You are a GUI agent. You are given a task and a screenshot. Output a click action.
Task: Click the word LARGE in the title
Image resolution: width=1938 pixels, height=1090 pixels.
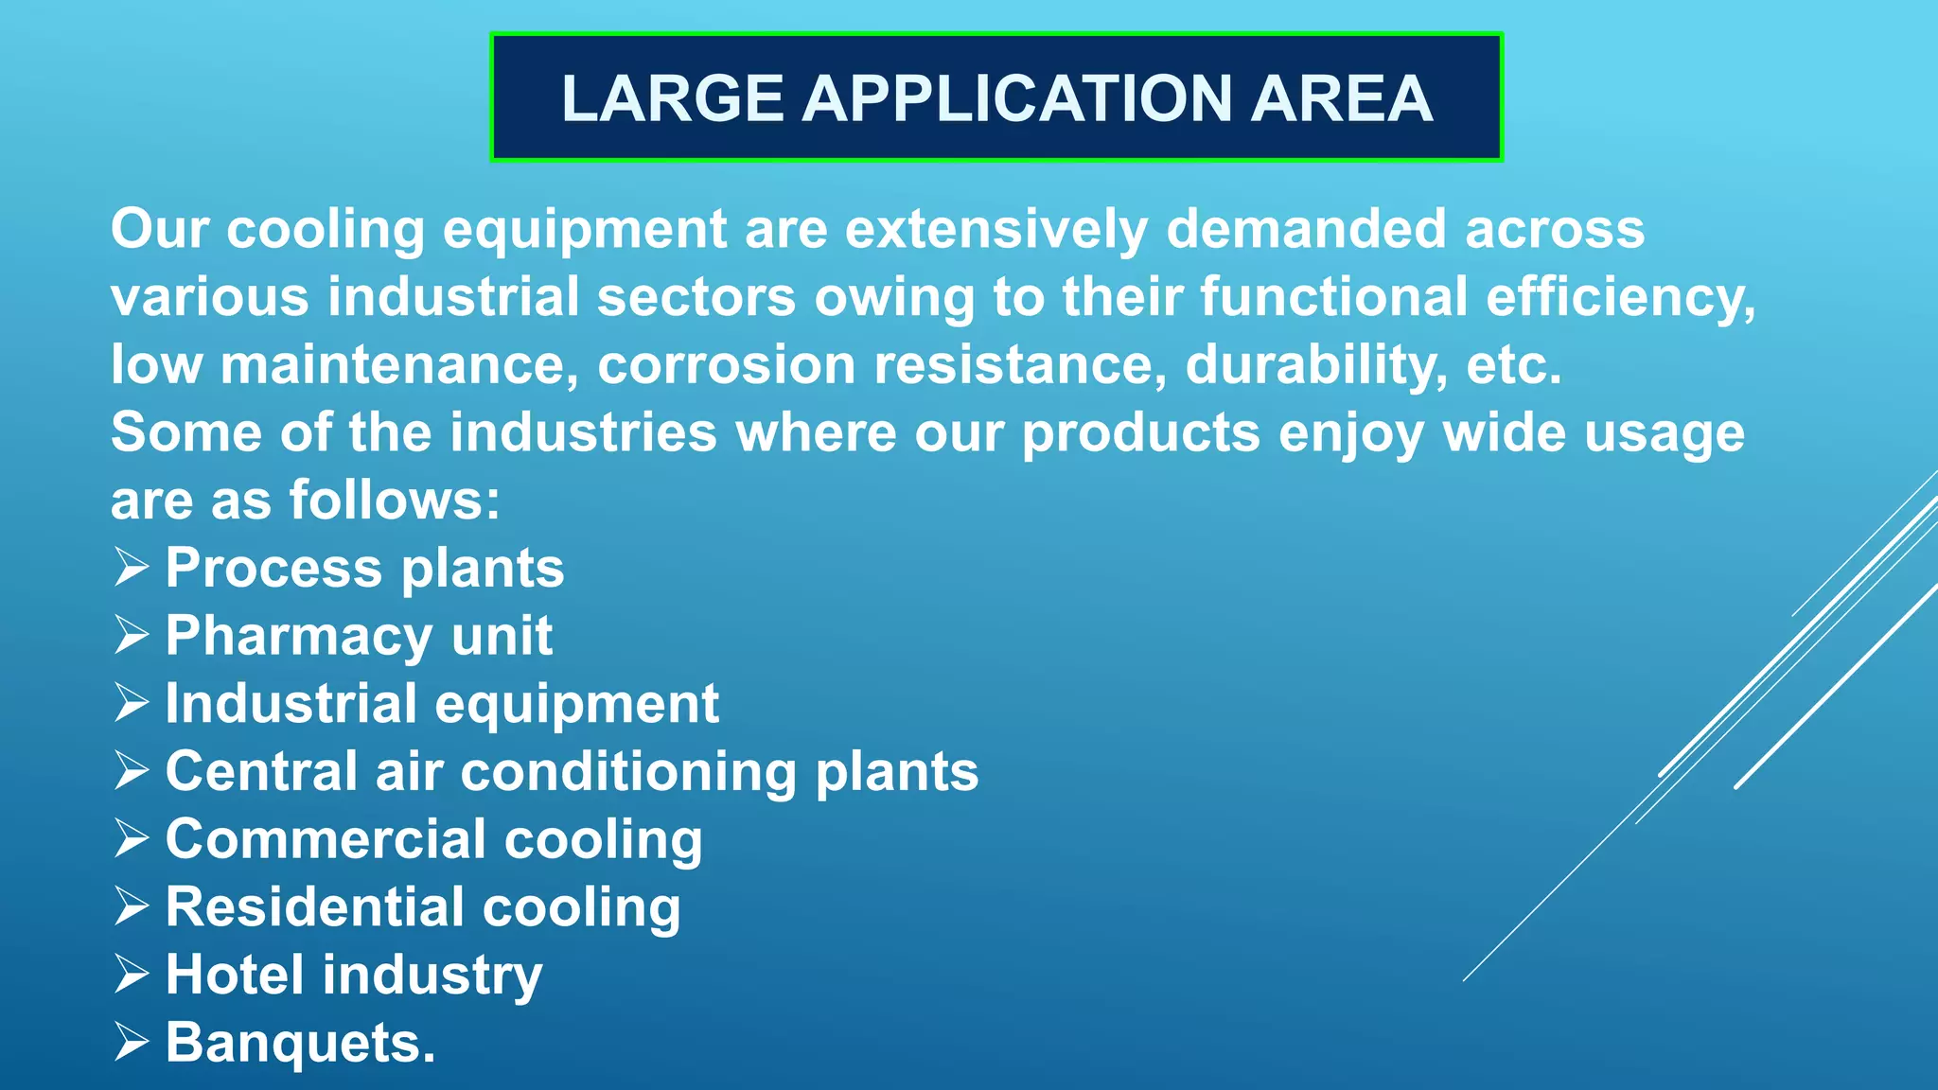[x=672, y=98]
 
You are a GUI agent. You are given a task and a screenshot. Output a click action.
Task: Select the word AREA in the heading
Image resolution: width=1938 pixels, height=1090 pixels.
[x=1342, y=98]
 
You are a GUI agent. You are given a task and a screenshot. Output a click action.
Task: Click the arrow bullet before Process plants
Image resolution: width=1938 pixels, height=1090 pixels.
[x=132, y=568]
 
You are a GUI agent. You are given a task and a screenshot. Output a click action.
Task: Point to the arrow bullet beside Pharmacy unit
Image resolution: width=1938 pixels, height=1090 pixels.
[x=132, y=635]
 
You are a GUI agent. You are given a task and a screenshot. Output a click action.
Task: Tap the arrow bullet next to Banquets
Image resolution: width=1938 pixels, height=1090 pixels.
[x=132, y=1042]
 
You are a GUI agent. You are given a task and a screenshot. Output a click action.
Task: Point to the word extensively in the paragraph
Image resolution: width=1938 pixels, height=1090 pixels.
[x=995, y=230]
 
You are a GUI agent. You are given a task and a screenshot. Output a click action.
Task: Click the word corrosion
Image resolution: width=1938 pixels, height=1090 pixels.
[x=726, y=365]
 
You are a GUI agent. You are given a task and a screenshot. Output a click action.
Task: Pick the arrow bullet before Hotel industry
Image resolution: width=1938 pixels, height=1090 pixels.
[x=132, y=974]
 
